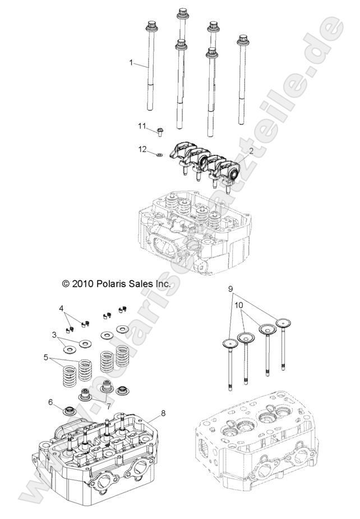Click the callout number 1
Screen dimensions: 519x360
click(x=132, y=63)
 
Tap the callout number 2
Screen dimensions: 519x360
click(x=251, y=151)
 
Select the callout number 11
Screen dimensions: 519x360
click(x=142, y=125)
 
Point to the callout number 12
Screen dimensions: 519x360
click(x=142, y=150)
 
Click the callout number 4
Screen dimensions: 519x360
click(x=62, y=308)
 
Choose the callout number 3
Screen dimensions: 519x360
click(x=54, y=335)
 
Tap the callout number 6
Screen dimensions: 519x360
click(x=50, y=402)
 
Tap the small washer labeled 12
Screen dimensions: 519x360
click(x=160, y=153)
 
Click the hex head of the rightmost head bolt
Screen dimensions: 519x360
click(x=243, y=39)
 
